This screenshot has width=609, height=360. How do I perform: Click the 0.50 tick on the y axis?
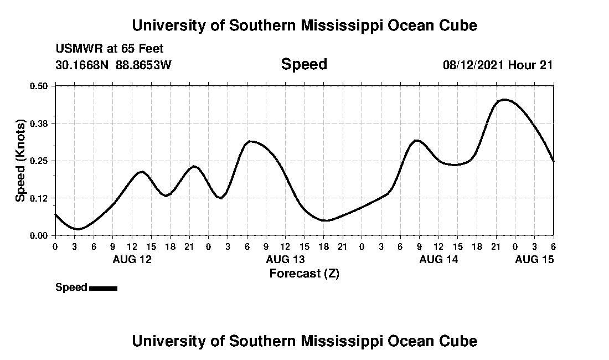coord(40,86)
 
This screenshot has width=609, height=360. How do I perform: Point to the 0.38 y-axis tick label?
coord(40,123)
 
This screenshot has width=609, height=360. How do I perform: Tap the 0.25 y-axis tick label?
coord(40,161)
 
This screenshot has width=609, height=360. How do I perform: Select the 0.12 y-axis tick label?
coord(40,198)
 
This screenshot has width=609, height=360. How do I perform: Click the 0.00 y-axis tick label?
coord(40,235)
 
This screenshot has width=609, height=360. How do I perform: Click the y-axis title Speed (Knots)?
coord(20,161)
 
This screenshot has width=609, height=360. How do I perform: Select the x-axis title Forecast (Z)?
coord(304,273)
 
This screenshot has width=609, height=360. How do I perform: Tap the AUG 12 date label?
coord(132,259)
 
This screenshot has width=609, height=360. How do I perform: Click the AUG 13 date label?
coord(285,259)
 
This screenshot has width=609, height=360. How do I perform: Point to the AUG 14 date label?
coord(438,259)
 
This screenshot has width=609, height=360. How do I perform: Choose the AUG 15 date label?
coord(534,259)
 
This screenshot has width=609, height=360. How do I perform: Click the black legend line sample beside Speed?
coord(103,288)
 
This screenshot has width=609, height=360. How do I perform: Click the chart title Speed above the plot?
coord(304,64)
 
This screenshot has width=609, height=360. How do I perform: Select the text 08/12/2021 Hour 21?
coord(498,65)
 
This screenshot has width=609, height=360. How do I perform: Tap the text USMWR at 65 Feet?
coord(110,49)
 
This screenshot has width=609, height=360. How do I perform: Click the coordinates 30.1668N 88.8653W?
coord(113,65)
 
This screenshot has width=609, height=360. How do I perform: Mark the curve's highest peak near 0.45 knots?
coord(504,100)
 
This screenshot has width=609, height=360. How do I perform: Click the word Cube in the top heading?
coord(458,25)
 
